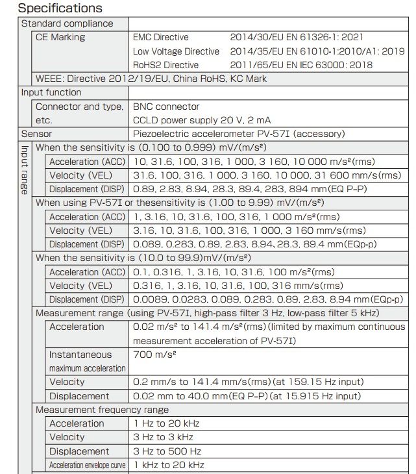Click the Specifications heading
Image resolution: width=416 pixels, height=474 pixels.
60,8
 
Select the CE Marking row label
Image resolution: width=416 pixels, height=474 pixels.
60,37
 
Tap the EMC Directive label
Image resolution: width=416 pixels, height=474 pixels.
161,37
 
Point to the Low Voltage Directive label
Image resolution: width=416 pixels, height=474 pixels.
177,51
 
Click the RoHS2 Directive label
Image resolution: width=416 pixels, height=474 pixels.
166,65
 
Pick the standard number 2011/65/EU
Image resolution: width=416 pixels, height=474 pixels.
258,65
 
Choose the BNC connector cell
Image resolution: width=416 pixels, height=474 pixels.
167,106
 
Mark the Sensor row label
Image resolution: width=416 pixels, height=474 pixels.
36,134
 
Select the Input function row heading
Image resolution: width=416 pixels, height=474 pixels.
51,92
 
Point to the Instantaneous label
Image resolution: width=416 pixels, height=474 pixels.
80,355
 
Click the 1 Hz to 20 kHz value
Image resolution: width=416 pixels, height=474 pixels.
167,423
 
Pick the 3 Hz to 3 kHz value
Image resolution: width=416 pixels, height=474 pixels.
164,437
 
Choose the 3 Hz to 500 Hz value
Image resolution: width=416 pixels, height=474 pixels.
167,451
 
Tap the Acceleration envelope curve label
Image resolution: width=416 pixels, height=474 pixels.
88,465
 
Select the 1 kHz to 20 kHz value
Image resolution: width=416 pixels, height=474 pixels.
169,465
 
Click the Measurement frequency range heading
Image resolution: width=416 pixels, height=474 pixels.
102,410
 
